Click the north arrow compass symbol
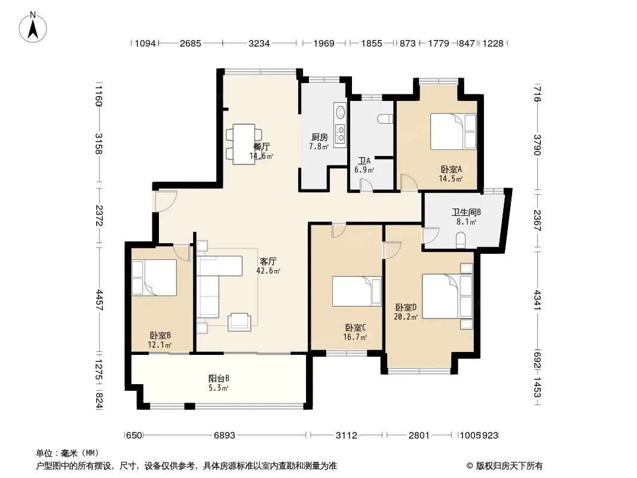coord(33,27)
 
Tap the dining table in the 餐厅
coord(244,144)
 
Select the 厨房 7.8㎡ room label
coord(319,142)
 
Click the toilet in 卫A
coord(385,119)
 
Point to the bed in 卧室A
coord(454,131)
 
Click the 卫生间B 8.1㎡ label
coord(466,216)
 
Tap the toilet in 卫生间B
coord(461,239)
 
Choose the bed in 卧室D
coord(448,296)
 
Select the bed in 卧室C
coord(357,291)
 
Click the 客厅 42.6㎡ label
coord(268,266)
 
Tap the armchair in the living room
coord(239,321)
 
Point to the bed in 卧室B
coord(154,277)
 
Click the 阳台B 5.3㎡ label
coord(219,383)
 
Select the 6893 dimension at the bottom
coord(225,436)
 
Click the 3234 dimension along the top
coord(259,43)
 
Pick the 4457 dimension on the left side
coord(99,300)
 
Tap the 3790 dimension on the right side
coord(537,145)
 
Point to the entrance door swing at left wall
coord(165,201)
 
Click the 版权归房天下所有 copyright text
coord(504,466)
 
